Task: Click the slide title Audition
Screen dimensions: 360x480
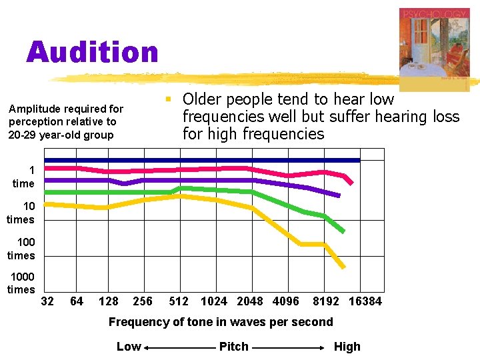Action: (x=93, y=53)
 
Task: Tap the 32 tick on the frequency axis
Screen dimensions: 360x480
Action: (x=47, y=301)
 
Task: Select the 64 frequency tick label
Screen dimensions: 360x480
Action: (x=77, y=301)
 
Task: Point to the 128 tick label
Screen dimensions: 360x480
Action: (x=109, y=301)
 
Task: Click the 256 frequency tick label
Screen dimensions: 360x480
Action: (x=143, y=301)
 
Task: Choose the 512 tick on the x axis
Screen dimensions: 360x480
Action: (x=178, y=301)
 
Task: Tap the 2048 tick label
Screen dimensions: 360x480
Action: (x=250, y=301)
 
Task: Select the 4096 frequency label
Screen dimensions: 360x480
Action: (x=286, y=301)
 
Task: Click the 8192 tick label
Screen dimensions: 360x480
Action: (x=327, y=301)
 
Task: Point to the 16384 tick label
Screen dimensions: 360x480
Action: (x=365, y=301)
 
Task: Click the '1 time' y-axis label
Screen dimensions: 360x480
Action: (x=23, y=177)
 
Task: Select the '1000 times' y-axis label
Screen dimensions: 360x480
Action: (x=21, y=283)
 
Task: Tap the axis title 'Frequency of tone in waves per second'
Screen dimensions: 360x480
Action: (x=221, y=322)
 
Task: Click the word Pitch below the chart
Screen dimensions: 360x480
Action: (x=233, y=347)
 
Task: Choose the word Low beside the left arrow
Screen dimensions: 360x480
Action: (x=129, y=347)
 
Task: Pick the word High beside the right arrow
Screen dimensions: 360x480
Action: (x=347, y=347)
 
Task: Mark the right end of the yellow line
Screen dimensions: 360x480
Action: (x=343, y=267)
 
